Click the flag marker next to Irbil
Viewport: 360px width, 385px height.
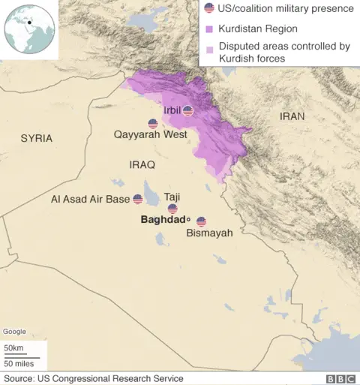point(188,111)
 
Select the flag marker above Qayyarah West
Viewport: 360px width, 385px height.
point(153,123)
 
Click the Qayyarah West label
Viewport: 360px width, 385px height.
point(150,135)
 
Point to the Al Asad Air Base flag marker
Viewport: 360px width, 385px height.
point(137,199)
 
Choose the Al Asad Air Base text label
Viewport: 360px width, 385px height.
point(90,200)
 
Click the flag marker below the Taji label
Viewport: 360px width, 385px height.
point(172,209)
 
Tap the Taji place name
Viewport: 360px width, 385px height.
point(172,196)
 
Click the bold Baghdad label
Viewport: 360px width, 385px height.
point(163,221)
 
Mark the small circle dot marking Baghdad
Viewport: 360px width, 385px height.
point(189,221)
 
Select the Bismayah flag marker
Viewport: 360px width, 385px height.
point(201,221)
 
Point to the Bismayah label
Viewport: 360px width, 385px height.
point(209,233)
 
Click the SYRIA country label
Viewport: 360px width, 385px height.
point(37,138)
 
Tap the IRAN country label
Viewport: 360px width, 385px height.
point(292,116)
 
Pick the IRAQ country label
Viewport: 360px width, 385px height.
point(142,164)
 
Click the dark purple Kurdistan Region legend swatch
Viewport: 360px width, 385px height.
point(211,29)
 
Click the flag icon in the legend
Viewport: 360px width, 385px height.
point(210,9)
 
